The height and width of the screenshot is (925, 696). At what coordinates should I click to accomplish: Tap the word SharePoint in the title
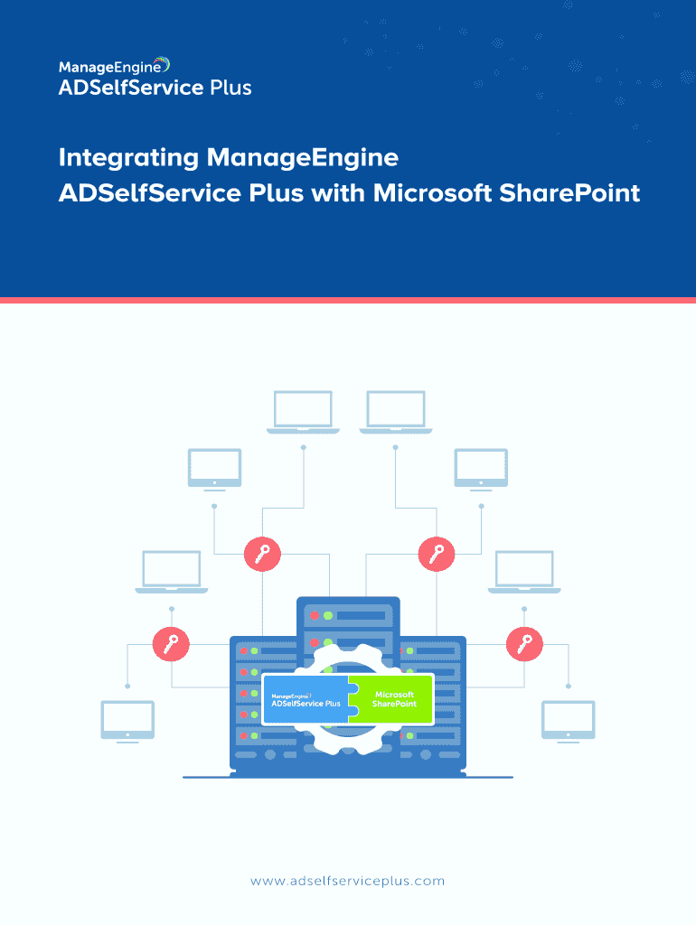click(569, 193)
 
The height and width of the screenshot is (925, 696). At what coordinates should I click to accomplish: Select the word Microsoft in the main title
click(433, 193)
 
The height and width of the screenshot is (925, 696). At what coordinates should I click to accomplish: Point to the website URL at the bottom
click(348, 881)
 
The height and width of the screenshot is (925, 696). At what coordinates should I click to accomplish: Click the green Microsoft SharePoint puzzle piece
click(392, 699)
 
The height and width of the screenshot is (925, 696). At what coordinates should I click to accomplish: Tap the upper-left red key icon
click(262, 554)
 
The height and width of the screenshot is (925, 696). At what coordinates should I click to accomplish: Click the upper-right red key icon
click(437, 554)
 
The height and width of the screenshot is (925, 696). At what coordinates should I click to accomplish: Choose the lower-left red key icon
click(171, 643)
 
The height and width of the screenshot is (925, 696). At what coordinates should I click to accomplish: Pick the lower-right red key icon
click(524, 643)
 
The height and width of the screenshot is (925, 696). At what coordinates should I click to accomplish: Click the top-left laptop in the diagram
click(303, 412)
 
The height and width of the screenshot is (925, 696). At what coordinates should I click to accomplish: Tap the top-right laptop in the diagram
click(396, 412)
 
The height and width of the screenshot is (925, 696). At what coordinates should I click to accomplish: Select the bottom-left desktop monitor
click(127, 721)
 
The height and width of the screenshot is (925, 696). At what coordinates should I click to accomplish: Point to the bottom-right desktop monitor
click(569, 721)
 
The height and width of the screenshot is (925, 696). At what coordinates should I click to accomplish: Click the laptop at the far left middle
click(171, 572)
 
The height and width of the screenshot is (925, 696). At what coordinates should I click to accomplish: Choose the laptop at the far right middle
click(524, 572)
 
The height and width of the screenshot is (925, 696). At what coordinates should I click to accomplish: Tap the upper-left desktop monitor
click(214, 469)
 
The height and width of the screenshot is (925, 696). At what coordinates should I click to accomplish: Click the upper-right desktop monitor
click(481, 469)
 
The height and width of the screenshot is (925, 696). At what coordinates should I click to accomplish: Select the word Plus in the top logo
click(230, 88)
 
